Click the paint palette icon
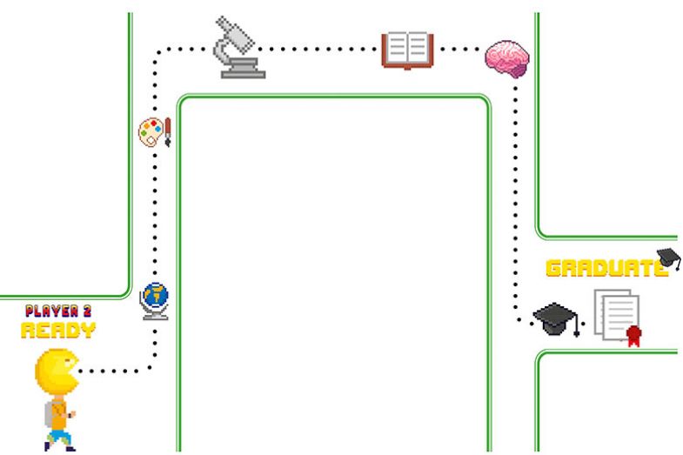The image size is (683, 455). [151, 133]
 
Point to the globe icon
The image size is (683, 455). [156, 298]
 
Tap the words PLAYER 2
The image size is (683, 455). [58, 311]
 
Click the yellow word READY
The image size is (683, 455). [58, 329]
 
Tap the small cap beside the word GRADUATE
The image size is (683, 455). [668, 257]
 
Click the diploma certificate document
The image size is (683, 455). [615, 318]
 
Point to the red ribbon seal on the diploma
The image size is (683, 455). [633, 335]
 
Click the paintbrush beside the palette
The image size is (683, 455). [167, 131]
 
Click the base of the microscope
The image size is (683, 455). [242, 71]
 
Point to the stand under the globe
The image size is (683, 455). [156, 314]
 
